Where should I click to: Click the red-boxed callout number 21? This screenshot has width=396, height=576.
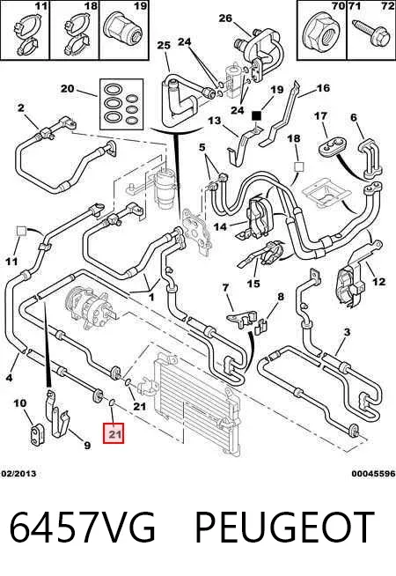[114, 434]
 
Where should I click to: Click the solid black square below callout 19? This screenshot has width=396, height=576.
[256, 115]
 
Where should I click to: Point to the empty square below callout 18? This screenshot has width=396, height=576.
[299, 166]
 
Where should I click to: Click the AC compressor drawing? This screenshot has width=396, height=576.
[91, 308]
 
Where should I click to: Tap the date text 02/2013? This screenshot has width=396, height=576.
[18, 474]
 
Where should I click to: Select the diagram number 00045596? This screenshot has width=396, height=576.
[373, 474]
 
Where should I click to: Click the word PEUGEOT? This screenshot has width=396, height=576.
[284, 528]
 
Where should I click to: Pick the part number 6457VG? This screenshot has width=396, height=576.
[82, 528]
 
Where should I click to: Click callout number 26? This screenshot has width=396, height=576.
[225, 18]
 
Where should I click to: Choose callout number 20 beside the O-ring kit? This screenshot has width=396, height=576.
[68, 89]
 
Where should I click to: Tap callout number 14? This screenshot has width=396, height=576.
[220, 226]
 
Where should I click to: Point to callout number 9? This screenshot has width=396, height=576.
[87, 446]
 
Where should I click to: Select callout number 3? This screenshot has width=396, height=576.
[347, 332]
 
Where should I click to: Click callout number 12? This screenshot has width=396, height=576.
[379, 282]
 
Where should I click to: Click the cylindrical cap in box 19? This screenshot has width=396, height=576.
[124, 32]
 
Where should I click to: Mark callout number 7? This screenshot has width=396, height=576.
[225, 288]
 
